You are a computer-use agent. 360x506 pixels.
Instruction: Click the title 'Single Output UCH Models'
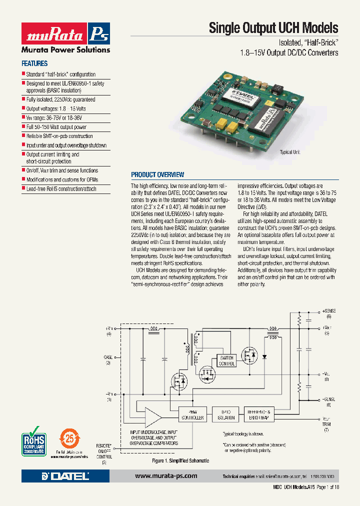pyautogui.click(x=273, y=28)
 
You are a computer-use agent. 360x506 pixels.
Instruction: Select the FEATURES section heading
pyautogui.click(x=34, y=63)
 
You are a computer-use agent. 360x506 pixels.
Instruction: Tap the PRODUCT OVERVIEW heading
pyautogui.click(x=157, y=174)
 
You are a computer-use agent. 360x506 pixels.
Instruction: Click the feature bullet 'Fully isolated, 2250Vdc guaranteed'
pyautogui.click(x=60, y=99)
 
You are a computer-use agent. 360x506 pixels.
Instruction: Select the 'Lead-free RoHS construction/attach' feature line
pyautogui.click(x=61, y=189)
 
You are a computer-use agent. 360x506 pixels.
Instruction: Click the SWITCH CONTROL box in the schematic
pyautogui.click(x=226, y=361)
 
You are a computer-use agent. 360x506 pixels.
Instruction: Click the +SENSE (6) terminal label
pyautogui.click(x=329, y=313)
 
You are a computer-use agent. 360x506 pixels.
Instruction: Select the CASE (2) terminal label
pyautogui.click(x=108, y=360)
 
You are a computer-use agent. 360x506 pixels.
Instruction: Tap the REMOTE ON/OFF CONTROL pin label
pyautogui.click(x=104, y=453)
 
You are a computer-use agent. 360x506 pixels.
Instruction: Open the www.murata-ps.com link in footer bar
pyautogui.click(x=166, y=476)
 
